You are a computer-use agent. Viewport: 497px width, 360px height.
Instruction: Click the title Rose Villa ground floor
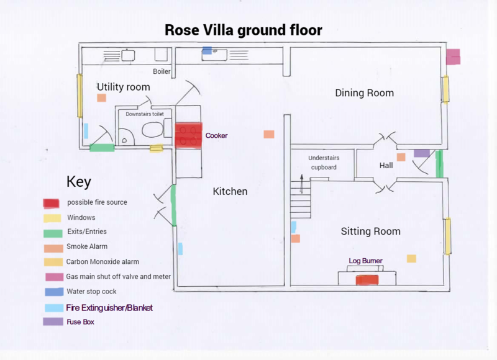(x=243, y=30)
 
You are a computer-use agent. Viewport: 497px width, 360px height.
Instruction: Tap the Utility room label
(x=123, y=87)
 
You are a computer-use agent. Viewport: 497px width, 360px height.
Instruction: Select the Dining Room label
(x=364, y=93)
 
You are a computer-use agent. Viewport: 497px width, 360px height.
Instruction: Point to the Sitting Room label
(x=370, y=232)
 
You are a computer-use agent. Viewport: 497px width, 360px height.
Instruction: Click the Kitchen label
(x=230, y=191)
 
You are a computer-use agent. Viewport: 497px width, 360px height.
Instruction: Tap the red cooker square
(x=189, y=135)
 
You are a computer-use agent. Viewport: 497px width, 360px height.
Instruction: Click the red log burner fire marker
(x=367, y=280)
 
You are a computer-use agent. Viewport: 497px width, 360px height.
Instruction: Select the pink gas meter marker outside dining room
(x=453, y=56)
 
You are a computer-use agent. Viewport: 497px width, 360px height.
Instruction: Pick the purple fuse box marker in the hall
(x=421, y=153)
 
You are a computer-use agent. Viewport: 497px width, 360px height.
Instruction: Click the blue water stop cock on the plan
(x=207, y=50)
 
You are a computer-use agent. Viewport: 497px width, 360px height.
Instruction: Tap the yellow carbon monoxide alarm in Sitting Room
(x=411, y=258)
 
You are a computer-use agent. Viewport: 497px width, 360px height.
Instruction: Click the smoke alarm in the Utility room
(x=101, y=98)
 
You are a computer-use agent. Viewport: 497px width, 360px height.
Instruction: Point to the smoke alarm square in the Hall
(x=401, y=157)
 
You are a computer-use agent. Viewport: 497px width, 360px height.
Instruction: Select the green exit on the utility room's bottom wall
(x=102, y=148)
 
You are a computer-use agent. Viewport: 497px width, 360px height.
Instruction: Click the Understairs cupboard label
(x=324, y=163)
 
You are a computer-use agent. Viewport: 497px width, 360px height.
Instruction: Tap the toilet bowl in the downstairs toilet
(x=152, y=130)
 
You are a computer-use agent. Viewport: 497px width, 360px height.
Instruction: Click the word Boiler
(x=162, y=71)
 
